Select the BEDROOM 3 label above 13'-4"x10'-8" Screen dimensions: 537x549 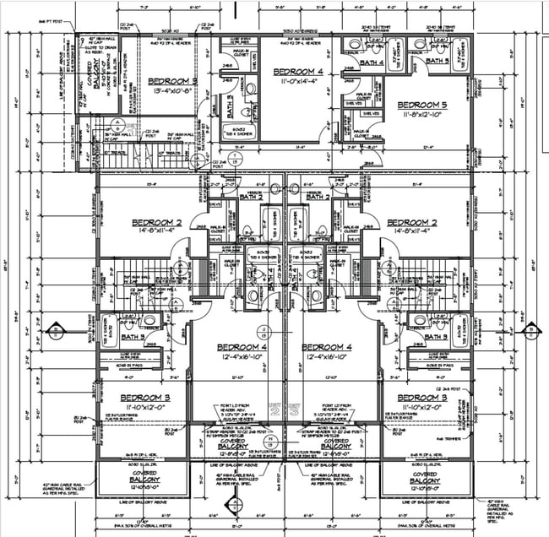point(171,81)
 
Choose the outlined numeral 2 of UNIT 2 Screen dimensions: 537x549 point(274,411)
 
